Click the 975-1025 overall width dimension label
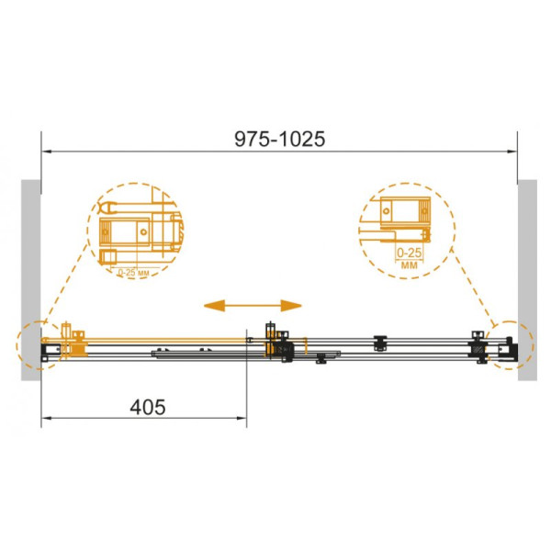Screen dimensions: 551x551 (280, 140)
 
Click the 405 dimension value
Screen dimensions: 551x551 (148, 407)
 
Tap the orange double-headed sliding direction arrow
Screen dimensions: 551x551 (253, 306)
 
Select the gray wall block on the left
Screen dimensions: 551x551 (31, 280)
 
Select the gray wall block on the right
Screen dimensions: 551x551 (527, 280)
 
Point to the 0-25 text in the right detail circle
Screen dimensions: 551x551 (409, 253)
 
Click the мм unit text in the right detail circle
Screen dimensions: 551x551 (410, 264)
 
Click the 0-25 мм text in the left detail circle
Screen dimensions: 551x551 (133, 273)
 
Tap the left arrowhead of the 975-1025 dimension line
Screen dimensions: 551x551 (47, 152)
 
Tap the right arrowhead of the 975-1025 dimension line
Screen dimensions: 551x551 (512, 152)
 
